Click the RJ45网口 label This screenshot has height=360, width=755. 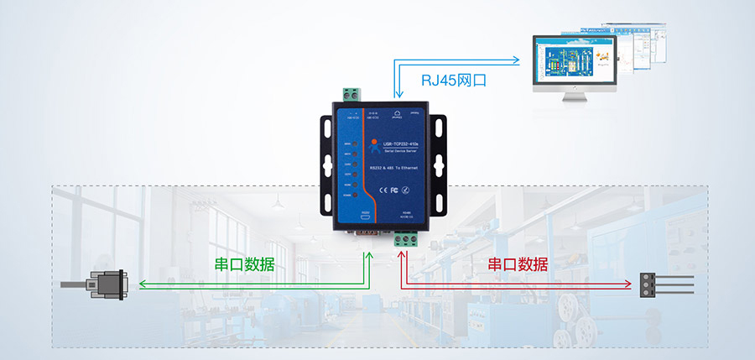(454, 81)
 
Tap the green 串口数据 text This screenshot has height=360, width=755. (244, 264)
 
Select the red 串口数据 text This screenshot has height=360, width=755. (518, 264)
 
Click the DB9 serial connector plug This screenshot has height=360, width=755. (106, 285)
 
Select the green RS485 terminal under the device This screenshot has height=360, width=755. (407, 241)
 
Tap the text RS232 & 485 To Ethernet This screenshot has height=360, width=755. (394, 169)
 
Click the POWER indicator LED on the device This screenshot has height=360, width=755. (356, 195)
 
